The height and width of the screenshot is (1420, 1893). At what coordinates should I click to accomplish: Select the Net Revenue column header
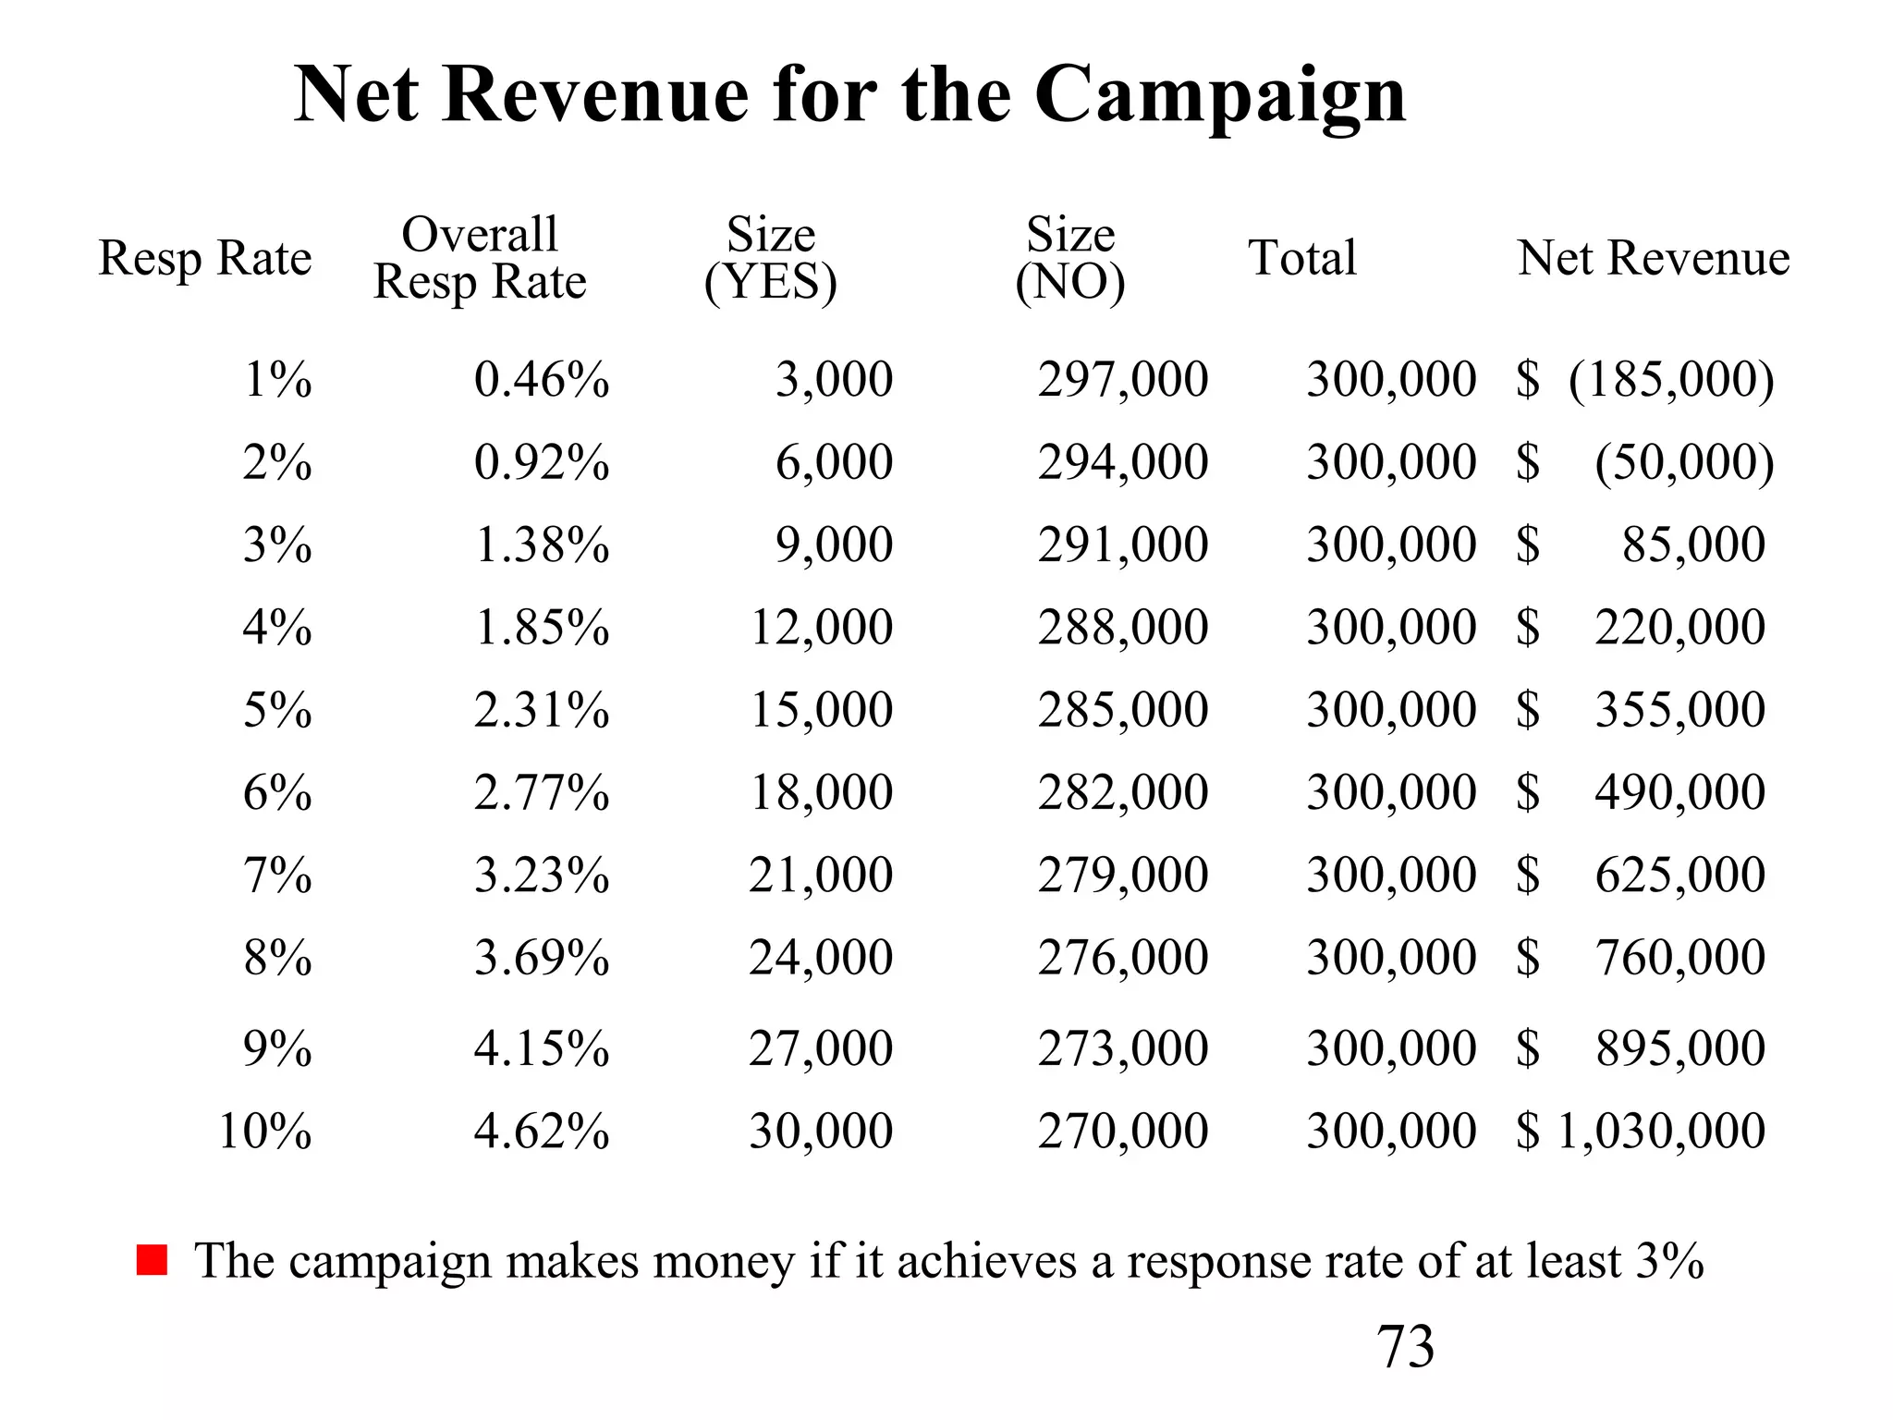pos(1653,258)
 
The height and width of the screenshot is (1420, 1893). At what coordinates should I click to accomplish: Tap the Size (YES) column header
pos(770,258)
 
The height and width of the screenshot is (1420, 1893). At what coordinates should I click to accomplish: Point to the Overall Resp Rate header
pos(480,258)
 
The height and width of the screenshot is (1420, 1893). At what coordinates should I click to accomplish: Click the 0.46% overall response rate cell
pos(542,380)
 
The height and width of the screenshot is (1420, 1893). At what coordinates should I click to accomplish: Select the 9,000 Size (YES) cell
pos(834,545)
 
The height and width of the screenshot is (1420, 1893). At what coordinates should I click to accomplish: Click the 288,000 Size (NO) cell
pos(1122,628)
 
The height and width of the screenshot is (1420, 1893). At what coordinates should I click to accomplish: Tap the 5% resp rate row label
pos(277,710)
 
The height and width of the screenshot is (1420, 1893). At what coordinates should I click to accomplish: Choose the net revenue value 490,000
pos(1679,792)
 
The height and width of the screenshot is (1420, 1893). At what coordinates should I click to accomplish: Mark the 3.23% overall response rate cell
pos(542,875)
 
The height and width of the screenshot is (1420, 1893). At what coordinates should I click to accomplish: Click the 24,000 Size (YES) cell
pos(821,957)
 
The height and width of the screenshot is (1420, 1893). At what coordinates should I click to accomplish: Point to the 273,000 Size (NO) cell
pos(1122,1048)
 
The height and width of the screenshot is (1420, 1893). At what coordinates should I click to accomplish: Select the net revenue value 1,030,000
pos(1661,1131)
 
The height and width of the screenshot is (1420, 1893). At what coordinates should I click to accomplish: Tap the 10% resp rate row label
pos(265,1131)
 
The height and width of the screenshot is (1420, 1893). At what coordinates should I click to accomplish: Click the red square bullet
pos(152,1260)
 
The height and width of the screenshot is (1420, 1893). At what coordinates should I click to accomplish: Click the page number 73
pos(1405,1346)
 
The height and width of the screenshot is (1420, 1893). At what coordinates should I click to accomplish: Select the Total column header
pos(1302,258)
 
